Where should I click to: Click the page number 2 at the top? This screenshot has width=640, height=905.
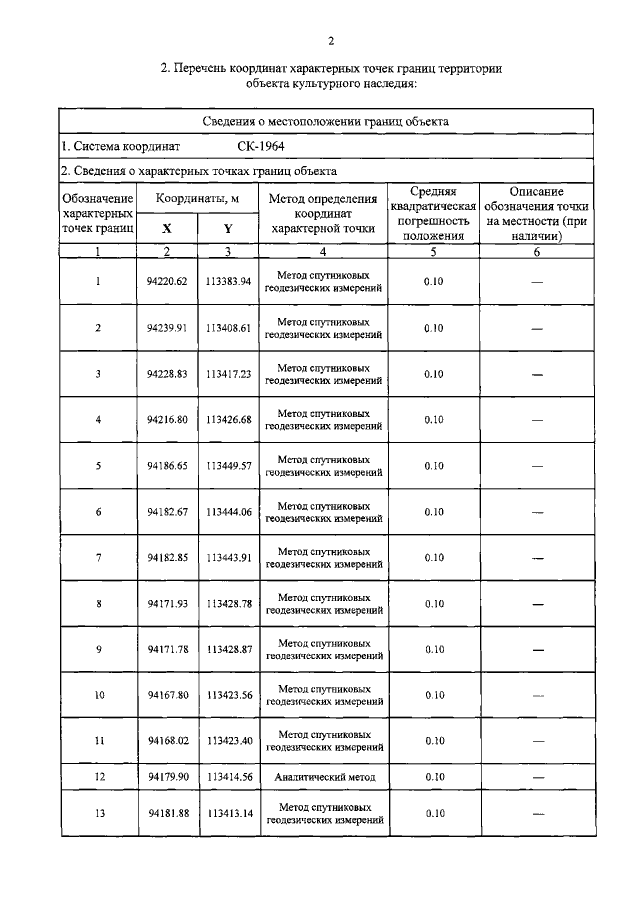point(331,40)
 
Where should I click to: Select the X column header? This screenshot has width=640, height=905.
point(167,228)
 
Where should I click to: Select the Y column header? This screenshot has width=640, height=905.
point(229,228)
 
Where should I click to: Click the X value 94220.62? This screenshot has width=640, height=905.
point(167,282)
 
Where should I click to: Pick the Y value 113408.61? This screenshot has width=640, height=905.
point(229,328)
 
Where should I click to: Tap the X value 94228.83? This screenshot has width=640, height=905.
point(167,374)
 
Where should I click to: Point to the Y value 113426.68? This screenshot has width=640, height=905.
point(229,420)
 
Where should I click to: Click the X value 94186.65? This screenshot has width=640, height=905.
point(167,466)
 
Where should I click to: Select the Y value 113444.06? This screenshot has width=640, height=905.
point(229,512)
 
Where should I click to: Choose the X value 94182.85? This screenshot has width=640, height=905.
point(167,557)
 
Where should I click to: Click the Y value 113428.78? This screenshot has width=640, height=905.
point(229,603)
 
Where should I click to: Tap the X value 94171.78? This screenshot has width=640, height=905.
point(167,649)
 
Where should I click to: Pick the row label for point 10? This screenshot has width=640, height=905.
point(98,695)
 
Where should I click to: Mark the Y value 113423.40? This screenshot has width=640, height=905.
point(229,741)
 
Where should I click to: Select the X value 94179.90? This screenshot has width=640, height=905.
point(167,776)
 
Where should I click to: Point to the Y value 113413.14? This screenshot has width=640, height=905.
point(229,813)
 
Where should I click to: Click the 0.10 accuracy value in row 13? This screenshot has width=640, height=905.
point(433,813)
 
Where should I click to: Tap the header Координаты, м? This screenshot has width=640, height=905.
point(198,199)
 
